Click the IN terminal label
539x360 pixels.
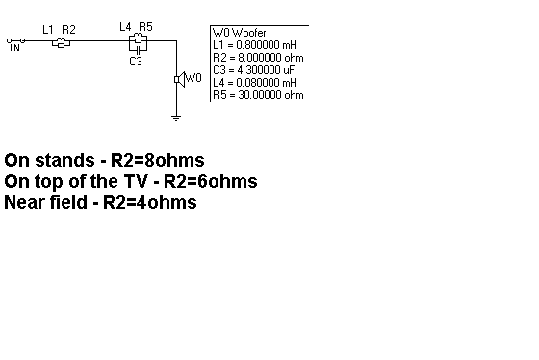pyautogui.click(x=14, y=48)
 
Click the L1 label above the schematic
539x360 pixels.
pyautogui.click(x=48, y=30)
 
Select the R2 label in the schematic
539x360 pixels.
pyautogui.click(x=68, y=30)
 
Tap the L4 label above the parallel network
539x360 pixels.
pyautogui.click(x=125, y=27)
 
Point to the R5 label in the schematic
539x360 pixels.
pyautogui.click(x=145, y=27)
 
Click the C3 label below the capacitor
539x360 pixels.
pyautogui.click(x=136, y=62)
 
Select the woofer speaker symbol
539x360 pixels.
pyautogui.click(x=179, y=80)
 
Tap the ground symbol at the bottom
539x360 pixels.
pyautogui.click(x=176, y=118)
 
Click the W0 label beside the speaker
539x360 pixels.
pyautogui.click(x=193, y=78)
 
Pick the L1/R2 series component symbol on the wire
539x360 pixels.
pyautogui.click(x=62, y=42)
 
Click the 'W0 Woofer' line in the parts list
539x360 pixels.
pyautogui.click(x=240, y=33)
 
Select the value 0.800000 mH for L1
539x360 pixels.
pyautogui.click(x=267, y=45)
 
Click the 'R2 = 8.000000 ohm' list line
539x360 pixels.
pyautogui.click(x=258, y=58)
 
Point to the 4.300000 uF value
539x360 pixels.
pyautogui.click(x=266, y=70)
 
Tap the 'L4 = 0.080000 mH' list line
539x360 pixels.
pyautogui.click(x=255, y=83)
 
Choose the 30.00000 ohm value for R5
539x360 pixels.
pyautogui.click(x=270, y=95)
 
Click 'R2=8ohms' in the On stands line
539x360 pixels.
pyautogui.click(x=158, y=160)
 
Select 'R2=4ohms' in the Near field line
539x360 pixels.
pyautogui.click(x=150, y=202)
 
